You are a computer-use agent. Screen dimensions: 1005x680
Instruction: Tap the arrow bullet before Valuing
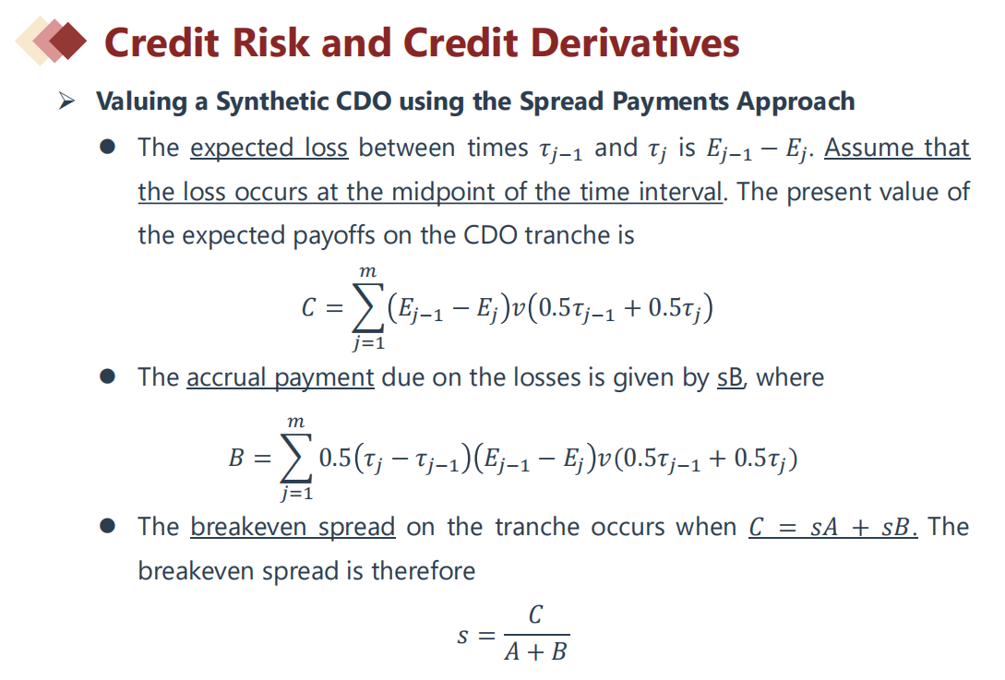click(x=66, y=101)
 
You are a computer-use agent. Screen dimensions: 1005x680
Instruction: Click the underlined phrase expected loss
click(x=269, y=148)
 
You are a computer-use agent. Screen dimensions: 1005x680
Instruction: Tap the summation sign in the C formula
click(x=368, y=307)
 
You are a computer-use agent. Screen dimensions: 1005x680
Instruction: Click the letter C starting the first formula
click(x=308, y=308)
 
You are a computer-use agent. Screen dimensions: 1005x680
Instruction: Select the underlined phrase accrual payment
click(x=281, y=377)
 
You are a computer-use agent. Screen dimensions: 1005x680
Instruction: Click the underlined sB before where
click(x=730, y=377)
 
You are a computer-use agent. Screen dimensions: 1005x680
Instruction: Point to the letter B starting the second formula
click(x=236, y=459)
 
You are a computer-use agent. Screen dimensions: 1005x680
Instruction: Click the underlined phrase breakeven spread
click(x=293, y=528)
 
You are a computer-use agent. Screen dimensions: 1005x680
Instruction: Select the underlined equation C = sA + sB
click(x=833, y=528)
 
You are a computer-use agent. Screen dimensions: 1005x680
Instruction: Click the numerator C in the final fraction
click(x=536, y=614)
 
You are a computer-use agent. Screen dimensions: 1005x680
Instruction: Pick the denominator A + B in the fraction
click(x=536, y=651)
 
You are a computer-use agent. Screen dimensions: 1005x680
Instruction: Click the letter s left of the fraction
click(x=462, y=637)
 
